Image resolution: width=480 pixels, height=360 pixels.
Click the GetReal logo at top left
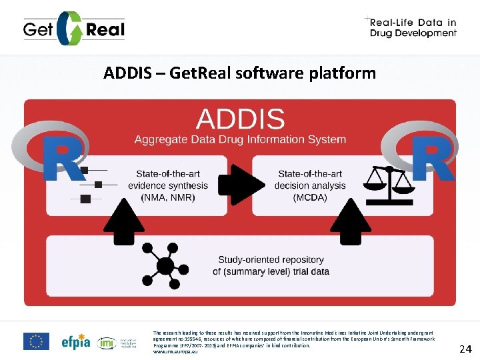73,29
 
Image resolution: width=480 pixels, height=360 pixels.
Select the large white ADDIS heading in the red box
240,119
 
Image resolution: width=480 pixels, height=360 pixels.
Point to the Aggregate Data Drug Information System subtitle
240,139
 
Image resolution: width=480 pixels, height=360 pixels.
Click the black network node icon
163,265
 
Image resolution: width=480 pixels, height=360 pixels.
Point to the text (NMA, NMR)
168,197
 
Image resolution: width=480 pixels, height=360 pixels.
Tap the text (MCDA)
310,197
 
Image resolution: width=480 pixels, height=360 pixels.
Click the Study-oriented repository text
271,259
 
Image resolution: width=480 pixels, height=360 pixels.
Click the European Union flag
36,341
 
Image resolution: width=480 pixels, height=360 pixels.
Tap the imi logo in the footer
107,343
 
